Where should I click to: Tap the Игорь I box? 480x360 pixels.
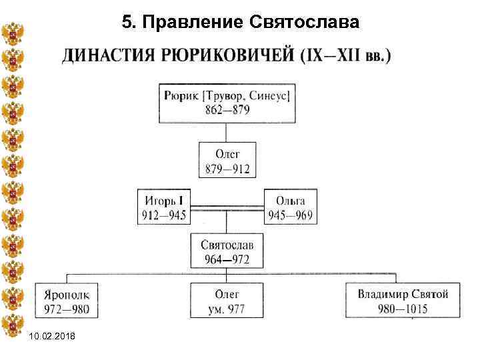(x=163, y=207)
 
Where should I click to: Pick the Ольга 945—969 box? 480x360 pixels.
(x=290, y=207)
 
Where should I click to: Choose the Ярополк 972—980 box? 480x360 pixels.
(x=66, y=301)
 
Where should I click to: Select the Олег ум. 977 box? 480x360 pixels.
(x=227, y=301)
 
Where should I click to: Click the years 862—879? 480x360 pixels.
(x=226, y=110)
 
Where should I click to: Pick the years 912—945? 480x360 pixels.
(x=163, y=215)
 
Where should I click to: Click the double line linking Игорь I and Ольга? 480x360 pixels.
(x=227, y=204)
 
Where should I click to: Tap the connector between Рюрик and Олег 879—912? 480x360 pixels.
(x=227, y=133)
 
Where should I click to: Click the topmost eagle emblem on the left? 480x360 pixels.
(x=13, y=33)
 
